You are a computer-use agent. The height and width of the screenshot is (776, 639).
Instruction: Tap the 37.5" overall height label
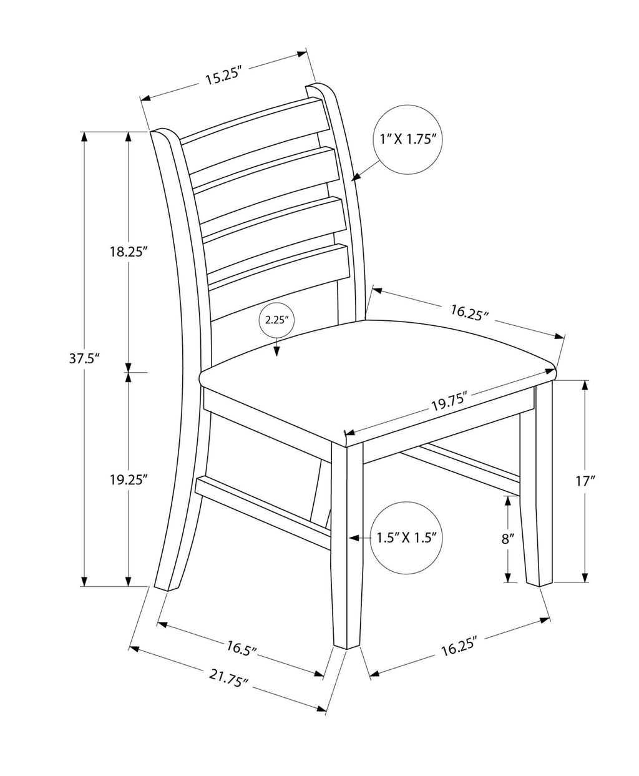point(85,358)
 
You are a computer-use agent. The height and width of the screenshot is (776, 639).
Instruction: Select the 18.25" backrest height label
point(126,252)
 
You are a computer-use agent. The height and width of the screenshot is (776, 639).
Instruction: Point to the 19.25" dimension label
point(126,480)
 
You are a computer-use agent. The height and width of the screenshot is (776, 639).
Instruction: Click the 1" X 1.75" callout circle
point(407,139)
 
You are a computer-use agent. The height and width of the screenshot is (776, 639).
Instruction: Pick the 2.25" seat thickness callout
point(276,320)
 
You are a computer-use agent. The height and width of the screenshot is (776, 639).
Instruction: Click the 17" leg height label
point(585,482)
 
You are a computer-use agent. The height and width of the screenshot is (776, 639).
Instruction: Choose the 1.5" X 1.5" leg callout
point(406,538)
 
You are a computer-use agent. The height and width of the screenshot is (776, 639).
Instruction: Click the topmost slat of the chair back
point(255,121)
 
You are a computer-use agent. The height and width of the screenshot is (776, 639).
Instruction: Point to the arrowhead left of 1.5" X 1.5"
point(353,538)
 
